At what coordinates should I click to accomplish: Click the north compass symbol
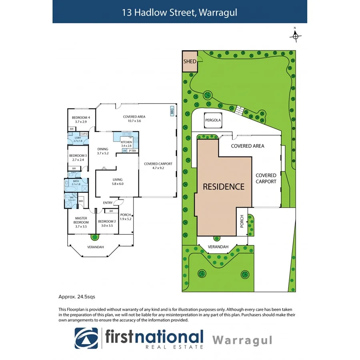point(295,36)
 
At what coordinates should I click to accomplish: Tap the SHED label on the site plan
point(190,62)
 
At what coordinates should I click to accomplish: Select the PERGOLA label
point(213,120)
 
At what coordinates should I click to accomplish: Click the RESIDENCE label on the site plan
point(223,186)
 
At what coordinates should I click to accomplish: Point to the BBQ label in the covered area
point(172,111)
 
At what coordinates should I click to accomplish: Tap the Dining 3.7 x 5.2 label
point(103,151)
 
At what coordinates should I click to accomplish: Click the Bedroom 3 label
point(78,158)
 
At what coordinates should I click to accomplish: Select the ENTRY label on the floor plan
point(108,203)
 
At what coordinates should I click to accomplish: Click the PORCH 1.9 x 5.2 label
point(126,217)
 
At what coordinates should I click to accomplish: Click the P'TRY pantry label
point(132,151)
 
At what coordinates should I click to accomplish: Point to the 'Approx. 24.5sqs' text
point(77,297)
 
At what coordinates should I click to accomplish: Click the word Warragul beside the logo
point(242,340)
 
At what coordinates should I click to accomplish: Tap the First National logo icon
point(86,338)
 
